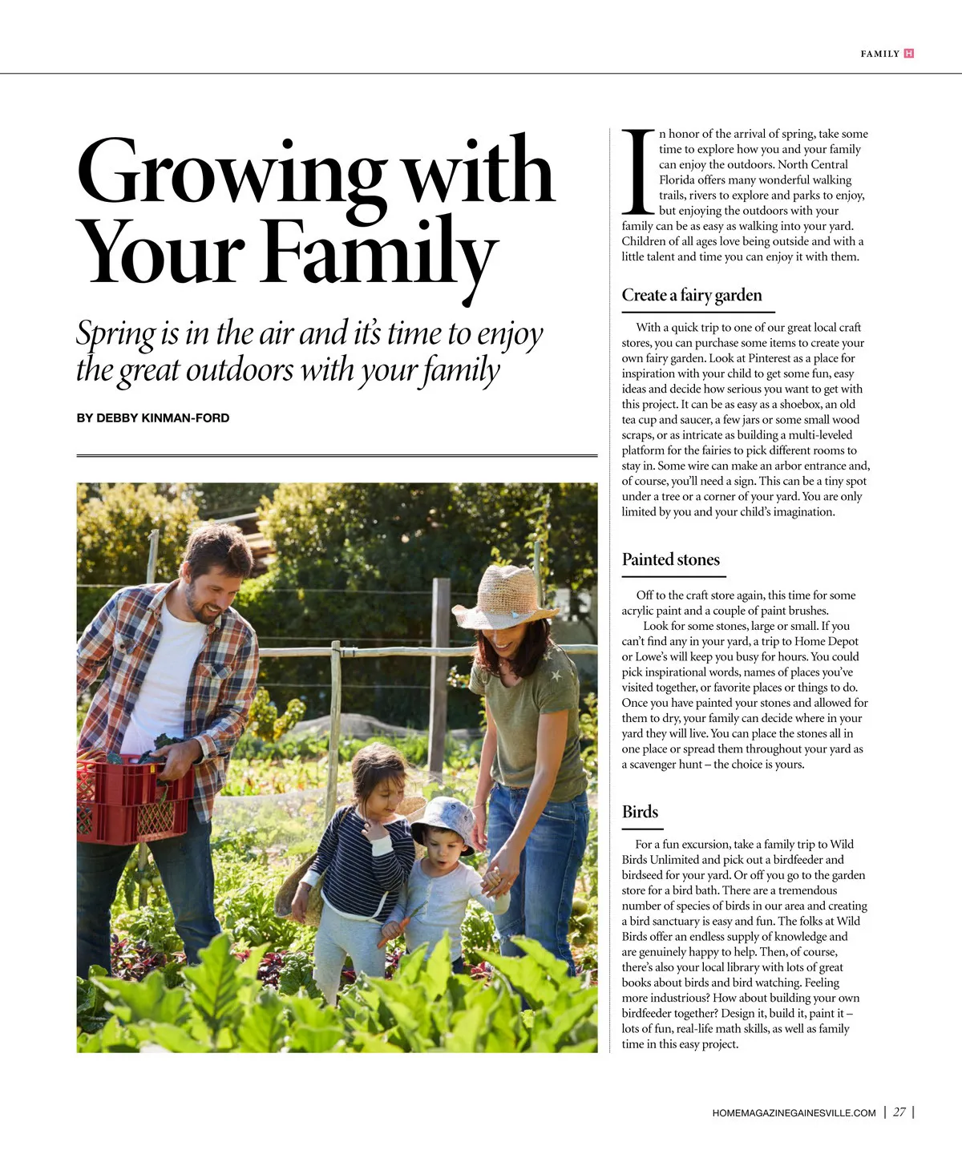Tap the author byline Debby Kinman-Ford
tap(153, 418)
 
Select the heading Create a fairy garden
tap(692, 296)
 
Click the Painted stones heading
tap(671, 560)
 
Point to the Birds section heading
tap(640, 812)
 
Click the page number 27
tap(899, 1112)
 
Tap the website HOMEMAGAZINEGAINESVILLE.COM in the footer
tap(794, 1113)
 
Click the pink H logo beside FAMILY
tap(908, 54)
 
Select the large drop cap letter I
tap(639, 171)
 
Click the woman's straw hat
tap(507, 597)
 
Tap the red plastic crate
tap(132, 801)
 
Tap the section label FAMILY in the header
tap(879, 54)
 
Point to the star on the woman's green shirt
tap(555, 676)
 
